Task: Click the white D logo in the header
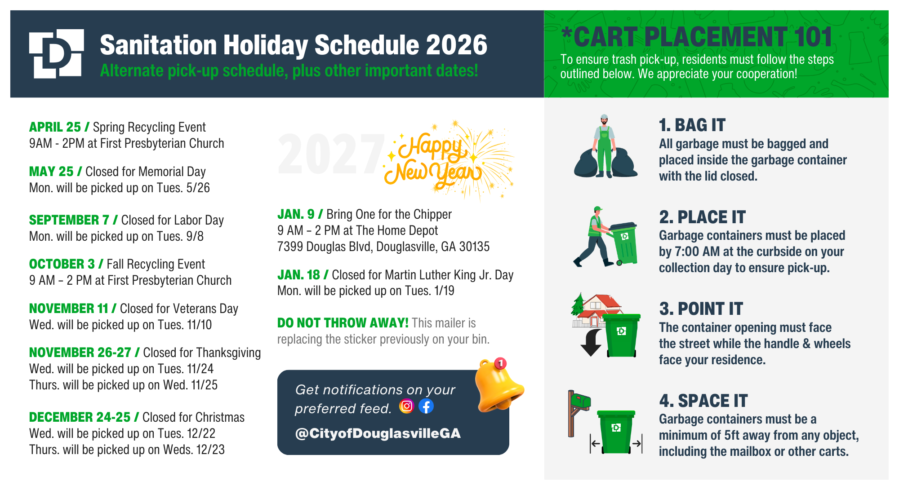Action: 57,53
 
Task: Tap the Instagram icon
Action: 406,406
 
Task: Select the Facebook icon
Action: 426,406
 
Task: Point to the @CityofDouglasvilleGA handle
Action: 378,433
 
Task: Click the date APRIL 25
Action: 55,127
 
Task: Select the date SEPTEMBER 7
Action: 69,220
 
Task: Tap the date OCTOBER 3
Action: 62,264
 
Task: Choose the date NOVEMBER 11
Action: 69,309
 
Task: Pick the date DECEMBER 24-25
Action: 80,417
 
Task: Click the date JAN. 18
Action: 298,275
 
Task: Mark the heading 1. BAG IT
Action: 692,125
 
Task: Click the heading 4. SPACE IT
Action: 703,401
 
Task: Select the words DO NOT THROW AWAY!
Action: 343,323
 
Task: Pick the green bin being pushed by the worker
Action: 623,243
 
